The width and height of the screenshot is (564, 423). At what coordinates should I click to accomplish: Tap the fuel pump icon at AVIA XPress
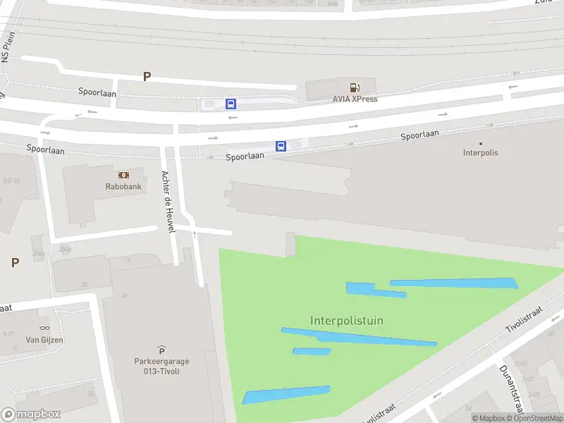point(355,87)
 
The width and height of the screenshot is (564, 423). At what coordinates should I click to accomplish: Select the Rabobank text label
point(123,187)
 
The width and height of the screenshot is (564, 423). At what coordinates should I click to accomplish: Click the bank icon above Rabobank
point(123,175)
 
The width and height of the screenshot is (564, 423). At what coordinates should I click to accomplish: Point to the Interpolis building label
point(480,152)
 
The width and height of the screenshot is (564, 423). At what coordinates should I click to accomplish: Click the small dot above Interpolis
point(481,143)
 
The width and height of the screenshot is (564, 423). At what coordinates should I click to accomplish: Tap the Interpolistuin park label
point(347,321)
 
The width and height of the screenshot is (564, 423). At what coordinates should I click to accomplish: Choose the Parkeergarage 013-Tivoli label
point(161,366)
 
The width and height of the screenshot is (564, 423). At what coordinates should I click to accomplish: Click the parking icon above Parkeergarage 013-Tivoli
point(161,350)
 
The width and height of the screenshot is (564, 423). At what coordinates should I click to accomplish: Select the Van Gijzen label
point(44,340)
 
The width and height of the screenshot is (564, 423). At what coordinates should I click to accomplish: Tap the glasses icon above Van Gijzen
point(44,328)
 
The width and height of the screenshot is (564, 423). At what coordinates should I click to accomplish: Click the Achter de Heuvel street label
point(168,203)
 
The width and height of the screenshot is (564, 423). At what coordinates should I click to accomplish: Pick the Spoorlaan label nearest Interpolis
point(419,135)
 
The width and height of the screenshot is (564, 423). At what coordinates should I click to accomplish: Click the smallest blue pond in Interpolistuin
point(312,351)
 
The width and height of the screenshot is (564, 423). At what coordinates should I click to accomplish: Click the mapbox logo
point(30,414)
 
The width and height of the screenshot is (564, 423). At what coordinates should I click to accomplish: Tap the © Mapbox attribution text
point(489,418)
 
